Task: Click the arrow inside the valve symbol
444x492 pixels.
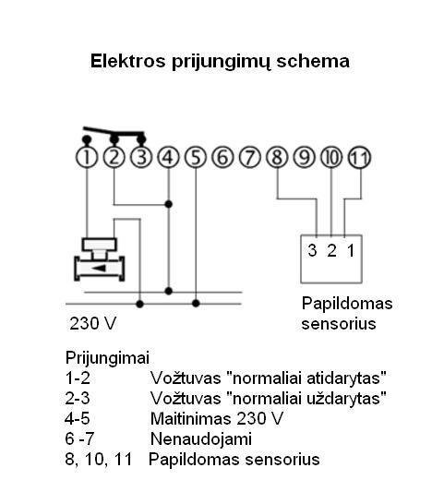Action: pyautogui.click(x=99, y=269)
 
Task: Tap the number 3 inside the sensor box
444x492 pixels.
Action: pyautogui.click(x=312, y=250)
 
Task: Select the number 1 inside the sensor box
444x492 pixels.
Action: pyautogui.click(x=351, y=250)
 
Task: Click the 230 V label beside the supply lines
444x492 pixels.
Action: pyautogui.click(x=93, y=323)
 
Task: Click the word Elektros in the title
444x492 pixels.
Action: pyautogui.click(x=127, y=61)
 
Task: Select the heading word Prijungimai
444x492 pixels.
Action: pyautogui.click(x=107, y=358)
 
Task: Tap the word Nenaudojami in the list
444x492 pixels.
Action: pyautogui.click(x=201, y=438)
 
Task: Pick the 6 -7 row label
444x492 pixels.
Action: pyautogui.click(x=79, y=438)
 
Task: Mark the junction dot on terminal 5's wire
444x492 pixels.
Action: pyautogui.click(x=196, y=304)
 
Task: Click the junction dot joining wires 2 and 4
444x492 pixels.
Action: pyautogui.click(x=169, y=204)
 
